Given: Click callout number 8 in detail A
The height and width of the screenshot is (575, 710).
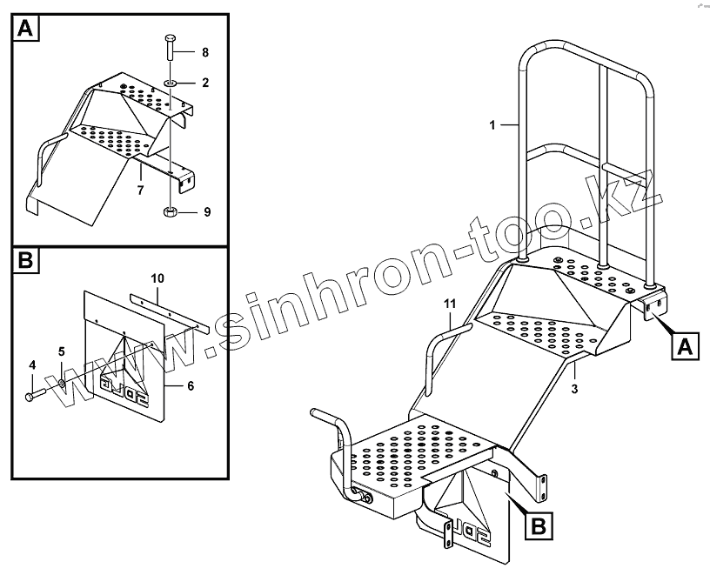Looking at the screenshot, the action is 205,53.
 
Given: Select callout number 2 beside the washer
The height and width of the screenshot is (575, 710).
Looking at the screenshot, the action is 205,83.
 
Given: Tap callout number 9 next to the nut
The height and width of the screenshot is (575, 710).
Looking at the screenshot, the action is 205,211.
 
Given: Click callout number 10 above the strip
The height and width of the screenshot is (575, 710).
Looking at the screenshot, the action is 157,278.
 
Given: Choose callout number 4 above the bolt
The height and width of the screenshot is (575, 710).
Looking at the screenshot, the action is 31,364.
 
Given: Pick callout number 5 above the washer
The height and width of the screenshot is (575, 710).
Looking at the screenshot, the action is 61,352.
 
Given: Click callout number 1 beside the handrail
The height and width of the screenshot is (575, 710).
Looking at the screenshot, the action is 492,125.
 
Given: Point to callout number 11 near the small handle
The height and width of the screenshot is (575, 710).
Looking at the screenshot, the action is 449,303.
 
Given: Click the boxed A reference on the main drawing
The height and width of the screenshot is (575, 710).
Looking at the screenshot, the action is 684,347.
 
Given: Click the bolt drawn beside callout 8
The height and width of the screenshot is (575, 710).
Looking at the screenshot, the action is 170,50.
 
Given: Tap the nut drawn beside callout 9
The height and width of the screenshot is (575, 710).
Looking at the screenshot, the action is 171,211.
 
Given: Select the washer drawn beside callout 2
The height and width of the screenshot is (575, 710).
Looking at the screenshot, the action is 171,83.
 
